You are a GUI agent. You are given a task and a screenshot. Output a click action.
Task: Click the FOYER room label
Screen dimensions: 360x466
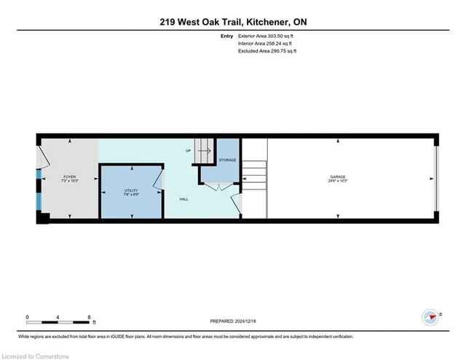[70, 176]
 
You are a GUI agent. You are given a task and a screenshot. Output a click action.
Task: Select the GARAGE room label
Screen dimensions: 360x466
[337, 176]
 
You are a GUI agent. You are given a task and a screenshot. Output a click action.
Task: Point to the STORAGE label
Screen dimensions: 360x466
[227, 160]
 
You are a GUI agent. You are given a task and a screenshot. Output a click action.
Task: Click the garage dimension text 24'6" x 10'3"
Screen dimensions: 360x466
[337, 181]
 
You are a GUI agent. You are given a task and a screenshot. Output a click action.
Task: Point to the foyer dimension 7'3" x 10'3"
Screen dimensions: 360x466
[70, 180]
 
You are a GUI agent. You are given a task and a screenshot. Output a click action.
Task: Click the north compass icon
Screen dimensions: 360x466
[430, 316]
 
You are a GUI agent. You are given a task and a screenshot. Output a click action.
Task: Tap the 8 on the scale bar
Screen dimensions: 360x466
[89, 316]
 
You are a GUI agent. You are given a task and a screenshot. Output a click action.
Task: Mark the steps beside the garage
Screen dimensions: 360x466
[254, 176]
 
